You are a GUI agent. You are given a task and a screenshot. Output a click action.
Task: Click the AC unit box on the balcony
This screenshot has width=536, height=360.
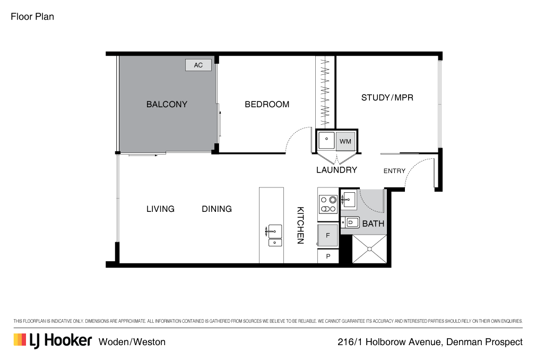(198, 65)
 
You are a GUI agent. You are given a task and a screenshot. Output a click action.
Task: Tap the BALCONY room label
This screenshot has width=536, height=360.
(167, 105)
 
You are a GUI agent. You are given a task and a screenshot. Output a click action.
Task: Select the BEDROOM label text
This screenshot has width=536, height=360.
(267, 105)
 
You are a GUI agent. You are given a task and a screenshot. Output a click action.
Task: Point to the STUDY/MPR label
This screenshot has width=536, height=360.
(387, 98)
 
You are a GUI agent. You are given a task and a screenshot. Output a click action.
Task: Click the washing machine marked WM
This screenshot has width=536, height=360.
(345, 141)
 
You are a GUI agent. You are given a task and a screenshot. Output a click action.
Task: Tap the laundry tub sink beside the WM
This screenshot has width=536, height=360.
(326, 141)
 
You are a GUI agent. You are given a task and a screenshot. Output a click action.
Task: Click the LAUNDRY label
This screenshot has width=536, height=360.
(336, 170)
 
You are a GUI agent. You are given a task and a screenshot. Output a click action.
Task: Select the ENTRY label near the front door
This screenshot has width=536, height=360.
(394, 171)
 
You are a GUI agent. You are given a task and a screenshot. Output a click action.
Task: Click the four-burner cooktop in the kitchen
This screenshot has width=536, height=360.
(327, 204)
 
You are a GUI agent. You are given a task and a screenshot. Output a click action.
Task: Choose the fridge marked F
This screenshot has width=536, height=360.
(327, 235)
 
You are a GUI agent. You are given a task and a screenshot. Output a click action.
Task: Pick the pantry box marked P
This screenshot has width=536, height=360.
(328, 256)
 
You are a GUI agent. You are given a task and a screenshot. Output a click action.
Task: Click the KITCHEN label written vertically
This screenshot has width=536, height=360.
(300, 225)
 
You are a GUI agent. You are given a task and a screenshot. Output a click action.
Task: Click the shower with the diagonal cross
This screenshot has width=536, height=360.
(369, 249)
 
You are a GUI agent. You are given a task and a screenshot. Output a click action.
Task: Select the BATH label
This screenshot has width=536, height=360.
(373, 224)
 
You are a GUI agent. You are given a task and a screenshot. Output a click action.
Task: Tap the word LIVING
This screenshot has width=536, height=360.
(160, 209)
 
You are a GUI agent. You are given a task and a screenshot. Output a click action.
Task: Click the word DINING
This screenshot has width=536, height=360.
(217, 209)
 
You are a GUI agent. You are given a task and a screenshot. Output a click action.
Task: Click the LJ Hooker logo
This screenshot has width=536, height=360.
(53, 340)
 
